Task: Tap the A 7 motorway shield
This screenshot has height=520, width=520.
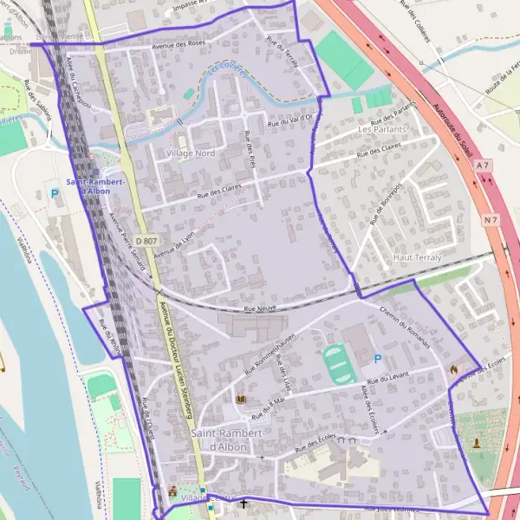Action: (483, 165)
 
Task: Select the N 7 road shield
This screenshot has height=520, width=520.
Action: (491, 220)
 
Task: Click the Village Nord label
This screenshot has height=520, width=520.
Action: (189, 153)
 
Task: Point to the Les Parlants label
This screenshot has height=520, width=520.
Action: (382, 129)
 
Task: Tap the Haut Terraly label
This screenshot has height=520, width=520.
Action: (417, 257)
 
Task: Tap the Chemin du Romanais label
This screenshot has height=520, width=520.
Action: (405, 326)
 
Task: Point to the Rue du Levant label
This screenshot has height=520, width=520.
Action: (410, 374)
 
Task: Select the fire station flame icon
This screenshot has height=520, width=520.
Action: (453, 369)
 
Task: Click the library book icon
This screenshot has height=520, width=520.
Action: (240, 399)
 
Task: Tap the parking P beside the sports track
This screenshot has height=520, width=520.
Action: (376, 359)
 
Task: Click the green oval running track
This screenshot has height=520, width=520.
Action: (337, 365)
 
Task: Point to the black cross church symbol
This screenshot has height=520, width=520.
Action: (243, 503)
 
